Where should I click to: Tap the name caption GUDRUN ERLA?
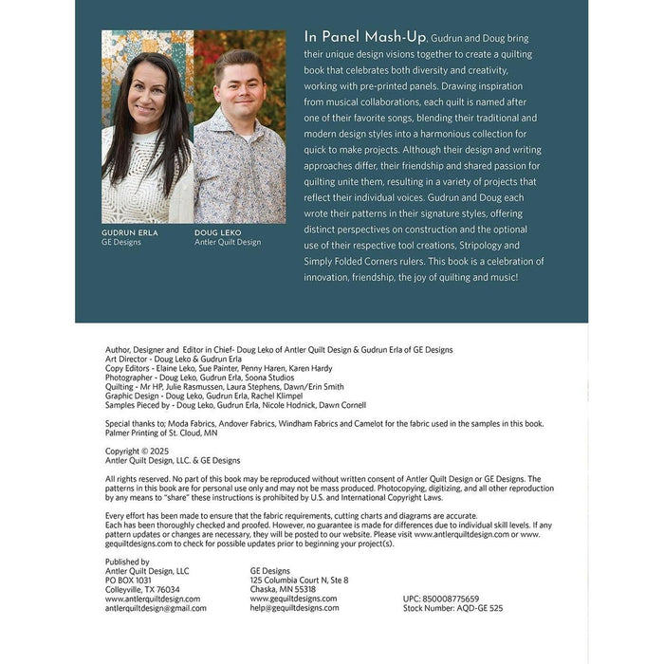point(130,232)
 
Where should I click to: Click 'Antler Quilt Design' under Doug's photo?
point(228,242)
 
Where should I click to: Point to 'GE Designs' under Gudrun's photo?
point(121,242)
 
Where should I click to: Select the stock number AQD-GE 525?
point(453,608)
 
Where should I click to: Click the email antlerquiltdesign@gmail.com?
point(156,608)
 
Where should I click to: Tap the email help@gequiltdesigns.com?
point(294,608)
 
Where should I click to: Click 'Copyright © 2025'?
point(141,452)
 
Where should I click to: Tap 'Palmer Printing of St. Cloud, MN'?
point(161,433)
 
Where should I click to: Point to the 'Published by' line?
point(127,562)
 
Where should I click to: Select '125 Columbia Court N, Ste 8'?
point(299,580)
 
